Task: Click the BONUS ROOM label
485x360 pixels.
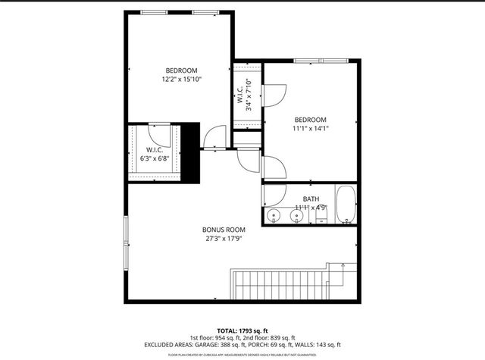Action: click(x=224, y=230)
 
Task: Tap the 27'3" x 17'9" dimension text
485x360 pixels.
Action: click(x=224, y=239)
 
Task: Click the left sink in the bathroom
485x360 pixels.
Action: click(x=274, y=217)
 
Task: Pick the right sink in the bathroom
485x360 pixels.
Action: click(x=297, y=217)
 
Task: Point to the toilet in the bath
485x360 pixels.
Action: click(x=321, y=218)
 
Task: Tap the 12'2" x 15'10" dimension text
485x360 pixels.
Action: click(x=181, y=79)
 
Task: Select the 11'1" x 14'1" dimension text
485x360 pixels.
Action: click(x=311, y=129)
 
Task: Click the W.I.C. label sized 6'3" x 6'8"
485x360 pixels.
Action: click(x=155, y=154)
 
